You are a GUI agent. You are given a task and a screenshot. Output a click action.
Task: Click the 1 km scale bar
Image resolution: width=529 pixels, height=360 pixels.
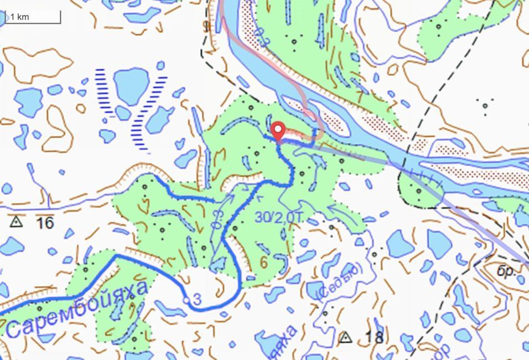point(33,17)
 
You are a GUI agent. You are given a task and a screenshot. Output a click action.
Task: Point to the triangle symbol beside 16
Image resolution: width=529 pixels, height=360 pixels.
point(15,222)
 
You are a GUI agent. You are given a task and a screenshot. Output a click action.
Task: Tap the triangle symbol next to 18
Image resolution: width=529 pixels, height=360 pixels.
point(346,336)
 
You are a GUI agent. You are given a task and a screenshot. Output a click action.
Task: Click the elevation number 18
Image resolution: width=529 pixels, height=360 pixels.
point(374,337)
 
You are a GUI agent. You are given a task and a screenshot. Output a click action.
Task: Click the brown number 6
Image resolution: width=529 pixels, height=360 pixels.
point(263,261)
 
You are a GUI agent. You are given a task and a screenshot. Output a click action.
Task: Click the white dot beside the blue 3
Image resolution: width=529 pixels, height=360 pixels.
point(187,300)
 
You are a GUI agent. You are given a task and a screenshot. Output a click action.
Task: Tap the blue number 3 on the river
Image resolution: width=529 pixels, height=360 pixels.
point(196,300)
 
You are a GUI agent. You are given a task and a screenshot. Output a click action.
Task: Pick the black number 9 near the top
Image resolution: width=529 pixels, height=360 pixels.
point(206,26)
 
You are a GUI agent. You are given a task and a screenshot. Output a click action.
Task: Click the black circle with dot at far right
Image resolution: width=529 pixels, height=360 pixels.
point(485,105)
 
